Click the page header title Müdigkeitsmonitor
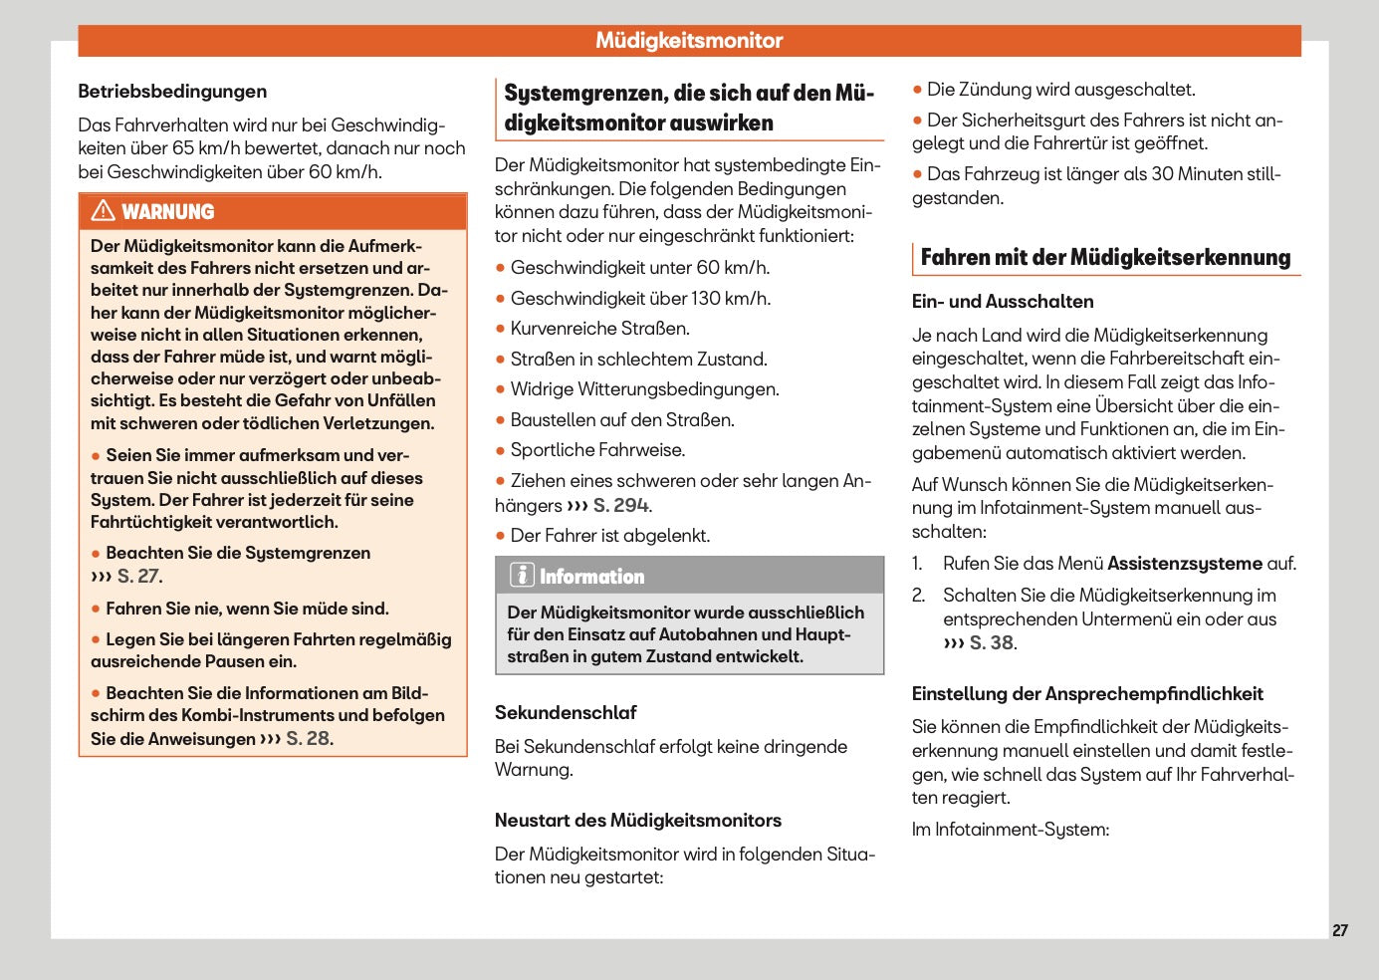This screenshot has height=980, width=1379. point(689,41)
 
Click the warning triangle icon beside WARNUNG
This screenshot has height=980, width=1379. point(103,211)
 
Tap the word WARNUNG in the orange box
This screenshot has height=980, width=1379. point(168,212)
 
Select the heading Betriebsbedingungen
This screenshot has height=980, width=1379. point(172,92)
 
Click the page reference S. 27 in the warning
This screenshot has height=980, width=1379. point(138,577)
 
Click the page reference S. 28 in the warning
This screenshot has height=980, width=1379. point(309,739)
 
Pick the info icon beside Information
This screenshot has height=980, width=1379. point(522,576)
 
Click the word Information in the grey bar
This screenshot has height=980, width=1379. point(591,577)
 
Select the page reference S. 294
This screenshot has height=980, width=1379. point(620,506)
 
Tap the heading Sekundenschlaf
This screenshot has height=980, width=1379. point(566,713)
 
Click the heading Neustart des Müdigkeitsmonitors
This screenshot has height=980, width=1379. point(637,821)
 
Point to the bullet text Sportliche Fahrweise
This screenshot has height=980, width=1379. point(597,450)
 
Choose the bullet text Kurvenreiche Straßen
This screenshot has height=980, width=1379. point(599,329)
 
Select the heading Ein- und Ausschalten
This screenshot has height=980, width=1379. point(1003,302)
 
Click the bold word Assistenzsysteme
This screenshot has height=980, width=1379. point(1185,564)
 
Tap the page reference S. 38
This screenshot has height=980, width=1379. point(992,643)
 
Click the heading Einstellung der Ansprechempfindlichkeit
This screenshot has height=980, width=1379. point(1087,694)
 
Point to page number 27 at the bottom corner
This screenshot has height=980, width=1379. point(1340,930)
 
